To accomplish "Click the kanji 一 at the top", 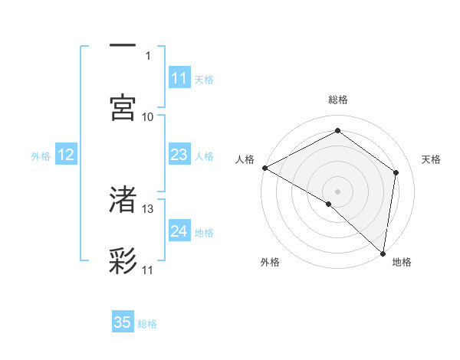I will click(123, 46).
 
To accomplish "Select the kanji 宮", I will click(123, 108).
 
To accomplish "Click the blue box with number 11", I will click(179, 78).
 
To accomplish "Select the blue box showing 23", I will click(179, 155).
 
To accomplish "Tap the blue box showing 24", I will click(179, 231).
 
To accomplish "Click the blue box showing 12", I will click(66, 155).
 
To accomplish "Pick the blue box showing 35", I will click(123, 322).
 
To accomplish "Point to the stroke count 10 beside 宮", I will click(148, 116).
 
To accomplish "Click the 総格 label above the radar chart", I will click(338, 100).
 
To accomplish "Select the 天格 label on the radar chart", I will click(432, 159).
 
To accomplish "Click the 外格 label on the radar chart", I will click(270, 262).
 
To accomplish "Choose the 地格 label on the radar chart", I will click(402, 262).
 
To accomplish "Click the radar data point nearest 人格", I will click(264, 168).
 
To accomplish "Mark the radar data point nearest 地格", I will click(383, 253).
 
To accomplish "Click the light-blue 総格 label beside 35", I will click(147, 323).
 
